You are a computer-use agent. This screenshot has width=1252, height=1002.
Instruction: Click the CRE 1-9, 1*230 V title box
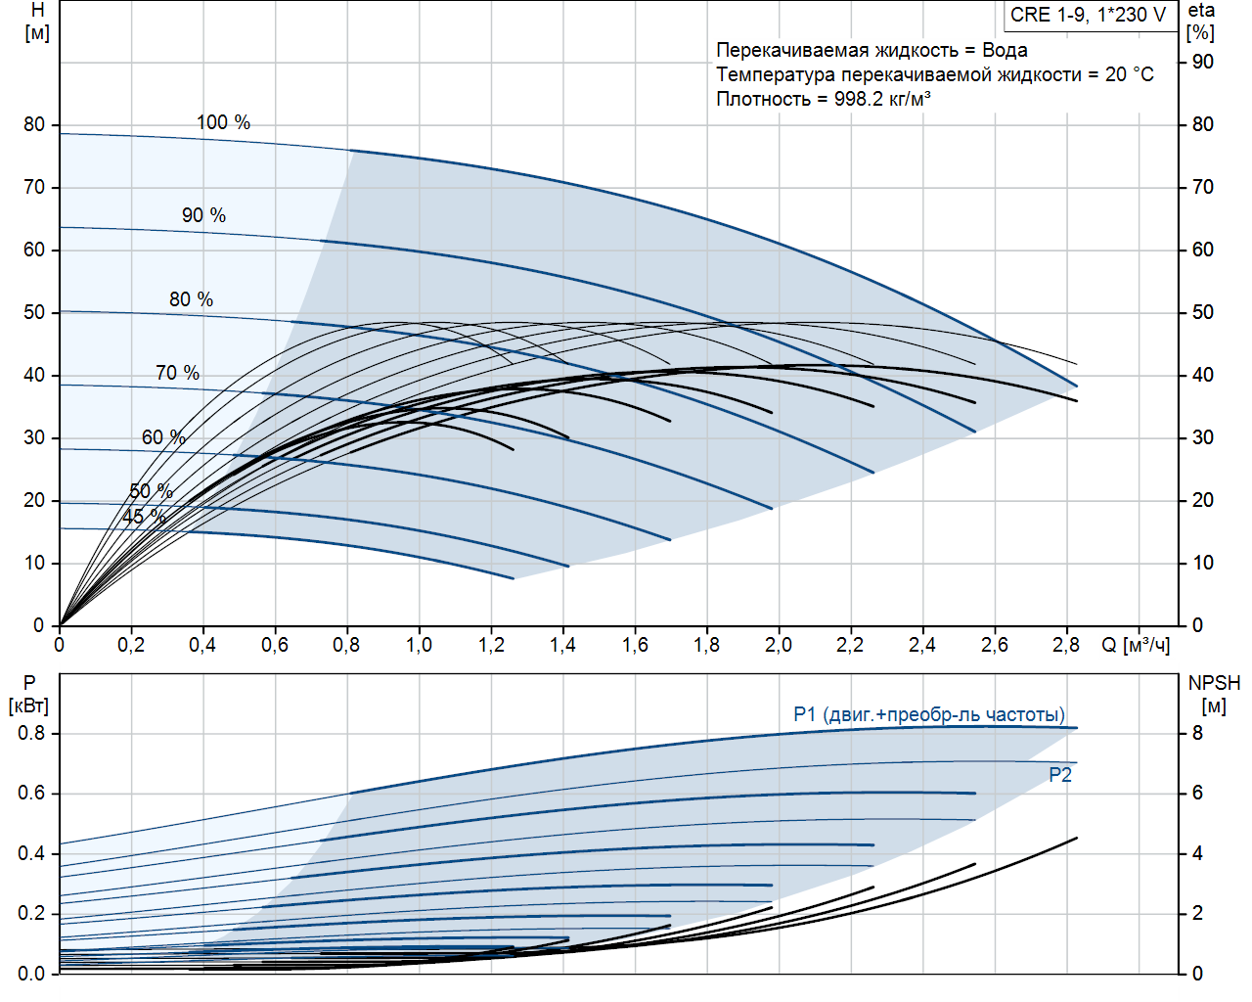(x=1089, y=15)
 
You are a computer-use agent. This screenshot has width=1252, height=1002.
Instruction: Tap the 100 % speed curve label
(x=223, y=122)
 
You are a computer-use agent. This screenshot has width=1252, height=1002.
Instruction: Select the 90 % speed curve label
(x=203, y=215)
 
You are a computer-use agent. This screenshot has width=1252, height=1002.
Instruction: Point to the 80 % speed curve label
(x=191, y=299)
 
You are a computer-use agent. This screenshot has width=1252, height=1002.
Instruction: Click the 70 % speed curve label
(x=177, y=373)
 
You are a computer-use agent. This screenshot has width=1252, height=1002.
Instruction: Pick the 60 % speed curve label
(x=163, y=437)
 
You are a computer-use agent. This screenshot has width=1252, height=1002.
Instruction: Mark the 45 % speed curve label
(x=144, y=517)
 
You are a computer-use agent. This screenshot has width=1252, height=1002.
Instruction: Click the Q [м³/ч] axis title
(x=1135, y=645)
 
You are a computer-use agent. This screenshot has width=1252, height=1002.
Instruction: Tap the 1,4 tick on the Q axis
(x=562, y=645)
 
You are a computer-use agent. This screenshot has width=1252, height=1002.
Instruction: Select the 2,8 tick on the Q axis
(x=1065, y=645)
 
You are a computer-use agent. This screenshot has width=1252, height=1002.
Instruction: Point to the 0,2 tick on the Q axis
(x=131, y=645)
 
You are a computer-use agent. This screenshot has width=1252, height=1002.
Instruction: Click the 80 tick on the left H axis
(x=34, y=124)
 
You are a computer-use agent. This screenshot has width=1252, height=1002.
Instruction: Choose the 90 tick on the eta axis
(x=1202, y=62)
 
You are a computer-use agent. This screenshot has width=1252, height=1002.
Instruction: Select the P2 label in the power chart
(x=1060, y=775)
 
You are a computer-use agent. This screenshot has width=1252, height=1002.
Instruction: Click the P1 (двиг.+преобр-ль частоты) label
(x=929, y=714)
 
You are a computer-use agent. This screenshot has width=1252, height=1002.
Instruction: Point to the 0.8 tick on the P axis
(x=31, y=733)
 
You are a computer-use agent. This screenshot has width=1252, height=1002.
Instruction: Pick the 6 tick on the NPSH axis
(x=1197, y=793)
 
